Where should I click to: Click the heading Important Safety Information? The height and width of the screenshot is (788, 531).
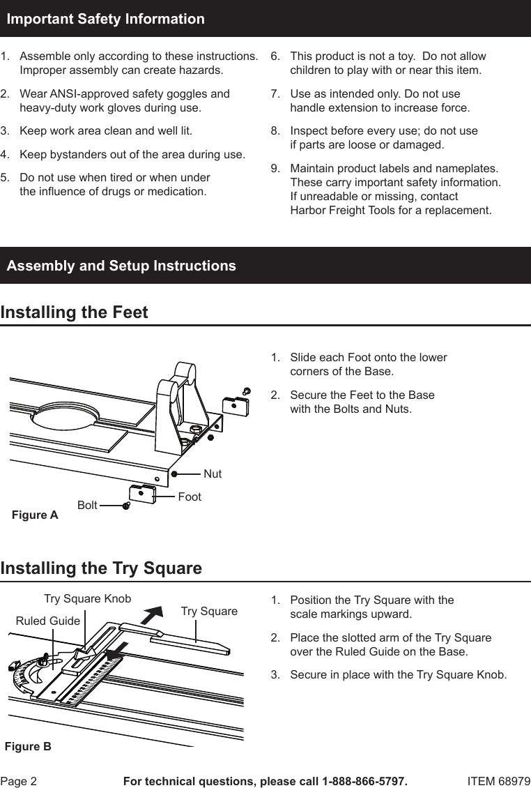point(105,19)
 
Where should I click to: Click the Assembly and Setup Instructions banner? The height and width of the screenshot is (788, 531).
point(121,266)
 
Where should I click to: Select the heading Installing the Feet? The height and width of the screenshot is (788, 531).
point(75,312)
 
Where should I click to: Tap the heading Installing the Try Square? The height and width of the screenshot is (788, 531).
point(101,568)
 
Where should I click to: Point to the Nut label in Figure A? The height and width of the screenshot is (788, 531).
point(213,473)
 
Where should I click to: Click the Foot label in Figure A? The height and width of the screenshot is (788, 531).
point(190,497)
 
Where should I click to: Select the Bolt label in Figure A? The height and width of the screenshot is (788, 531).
point(87,505)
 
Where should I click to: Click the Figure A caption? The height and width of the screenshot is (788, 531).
point(36,515)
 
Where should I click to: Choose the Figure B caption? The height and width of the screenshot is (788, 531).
point(28,746)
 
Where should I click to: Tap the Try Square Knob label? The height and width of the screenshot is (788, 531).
point(87,598)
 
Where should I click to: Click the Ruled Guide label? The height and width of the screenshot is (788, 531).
point(47,620)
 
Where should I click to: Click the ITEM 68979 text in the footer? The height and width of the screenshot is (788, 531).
point(498,781)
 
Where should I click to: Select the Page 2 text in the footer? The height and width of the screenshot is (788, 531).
point(19,781)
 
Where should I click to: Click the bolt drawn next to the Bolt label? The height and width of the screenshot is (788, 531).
point(126,506)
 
